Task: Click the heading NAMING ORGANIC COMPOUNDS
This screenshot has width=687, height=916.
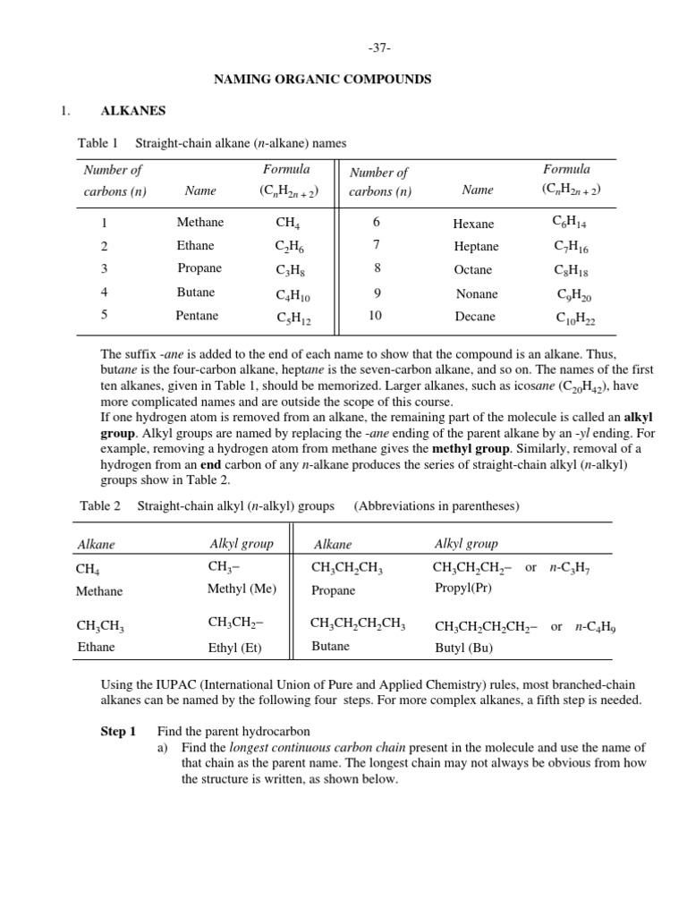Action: coord(322,80)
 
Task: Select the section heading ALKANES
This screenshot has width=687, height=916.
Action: coord(132,111)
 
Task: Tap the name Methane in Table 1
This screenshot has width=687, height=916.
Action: coord(200,223)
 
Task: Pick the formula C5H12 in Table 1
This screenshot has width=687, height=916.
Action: coord(293,318)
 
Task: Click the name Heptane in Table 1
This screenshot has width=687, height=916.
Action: coord(476,247)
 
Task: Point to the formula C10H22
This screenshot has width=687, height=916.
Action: coord(575,318)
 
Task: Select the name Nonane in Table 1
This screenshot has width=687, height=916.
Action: coord(477,293)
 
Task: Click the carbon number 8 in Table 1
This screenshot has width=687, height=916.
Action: coord(377,268)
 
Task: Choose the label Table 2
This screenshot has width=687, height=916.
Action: coord(100,506)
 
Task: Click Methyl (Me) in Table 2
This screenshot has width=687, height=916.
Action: coord(242,589)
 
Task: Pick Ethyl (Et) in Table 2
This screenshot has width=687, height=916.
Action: coord(235,648)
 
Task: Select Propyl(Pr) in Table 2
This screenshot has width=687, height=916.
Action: coord(462,589)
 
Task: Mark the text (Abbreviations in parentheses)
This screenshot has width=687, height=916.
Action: coord(437,506)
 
